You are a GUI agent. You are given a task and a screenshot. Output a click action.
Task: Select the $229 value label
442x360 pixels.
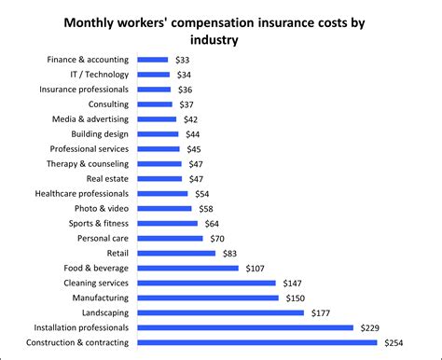point(370,327)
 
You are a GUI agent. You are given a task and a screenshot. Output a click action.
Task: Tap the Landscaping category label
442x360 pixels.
point(104,312)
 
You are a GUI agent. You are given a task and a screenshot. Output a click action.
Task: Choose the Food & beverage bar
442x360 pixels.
point(187,268)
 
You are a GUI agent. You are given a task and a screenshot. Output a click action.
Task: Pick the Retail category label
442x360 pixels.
point(118,253)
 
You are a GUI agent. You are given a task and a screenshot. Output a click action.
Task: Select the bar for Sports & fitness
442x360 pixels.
point(168,223)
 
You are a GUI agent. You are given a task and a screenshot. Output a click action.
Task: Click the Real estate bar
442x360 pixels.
point(159,178)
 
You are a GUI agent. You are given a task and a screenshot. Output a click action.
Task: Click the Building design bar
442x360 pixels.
point(159,133)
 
